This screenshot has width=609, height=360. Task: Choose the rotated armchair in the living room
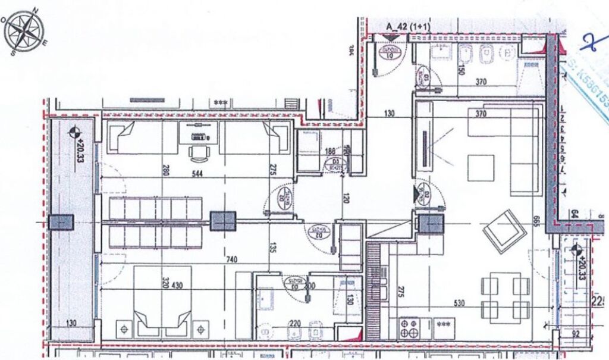504,230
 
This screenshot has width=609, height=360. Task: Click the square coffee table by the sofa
480,168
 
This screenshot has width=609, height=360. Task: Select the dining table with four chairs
505,298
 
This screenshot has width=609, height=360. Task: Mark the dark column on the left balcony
61,223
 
